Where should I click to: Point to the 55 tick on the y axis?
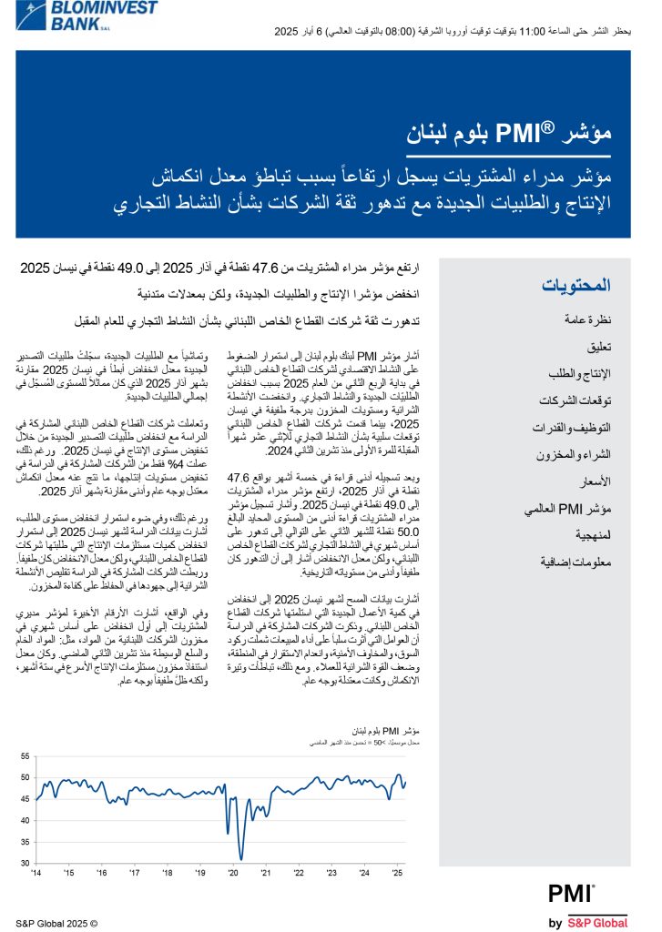point(25,756)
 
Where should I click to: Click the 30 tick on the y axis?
point(25,863)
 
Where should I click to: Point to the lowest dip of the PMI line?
point(241,858)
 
